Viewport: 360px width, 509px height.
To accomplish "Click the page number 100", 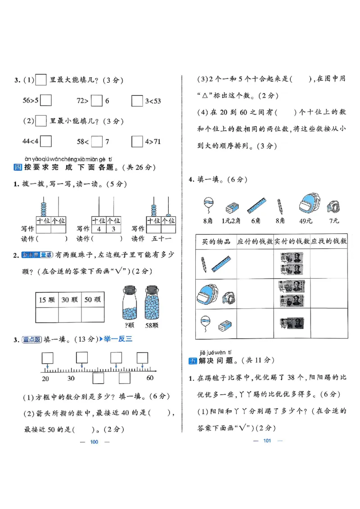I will click(x=94, y=442).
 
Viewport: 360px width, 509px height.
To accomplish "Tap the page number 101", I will click(x=267, y=441).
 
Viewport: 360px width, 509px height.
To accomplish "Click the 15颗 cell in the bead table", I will click(x=47, y=300).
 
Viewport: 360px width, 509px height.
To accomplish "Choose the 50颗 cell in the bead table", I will click(x=92, y=300).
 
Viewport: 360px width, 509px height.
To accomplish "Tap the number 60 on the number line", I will click(x=150, y=378).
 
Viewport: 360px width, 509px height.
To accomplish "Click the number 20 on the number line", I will click(x=45, y=378).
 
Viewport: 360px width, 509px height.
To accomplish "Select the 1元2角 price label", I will click(x=231, y=221).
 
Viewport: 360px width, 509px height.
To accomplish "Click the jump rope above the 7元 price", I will click(x=334, y=206).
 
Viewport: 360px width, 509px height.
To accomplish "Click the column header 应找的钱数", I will click(x=329, y=241).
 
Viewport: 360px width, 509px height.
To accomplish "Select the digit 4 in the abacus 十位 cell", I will click(x=99, y=229).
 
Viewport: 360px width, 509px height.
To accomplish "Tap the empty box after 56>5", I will click(x=46, y=101).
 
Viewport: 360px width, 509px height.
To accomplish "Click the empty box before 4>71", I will click(x=137, y=142).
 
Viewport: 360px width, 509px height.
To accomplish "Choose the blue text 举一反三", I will click(x=118, y=339).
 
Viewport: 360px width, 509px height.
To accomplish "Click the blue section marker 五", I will click(x=192, y=361).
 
